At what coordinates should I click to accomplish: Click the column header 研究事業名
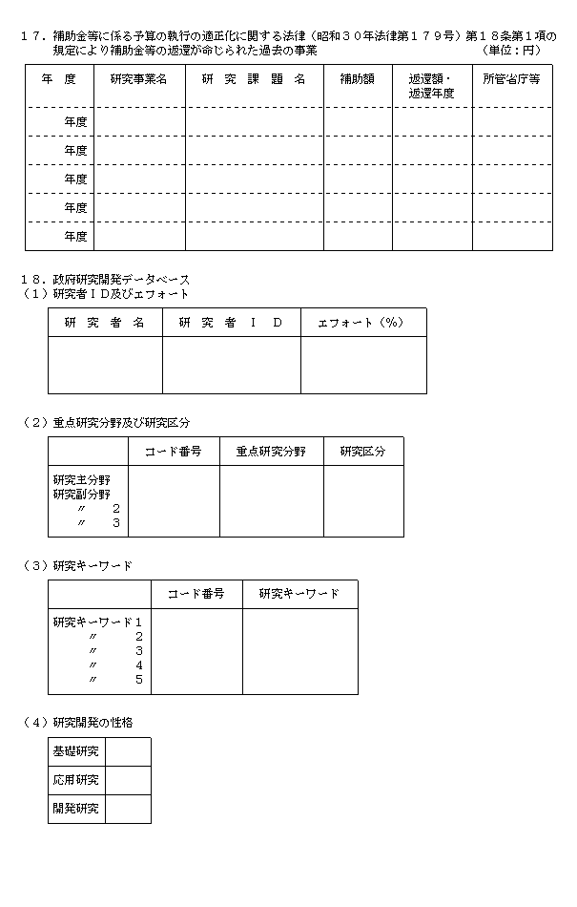tap(138, 80)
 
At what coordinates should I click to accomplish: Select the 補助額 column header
tap(358, 80)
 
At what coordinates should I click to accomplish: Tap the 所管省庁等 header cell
tap(512, 80)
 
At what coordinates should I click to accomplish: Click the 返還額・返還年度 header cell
tap(431, 86)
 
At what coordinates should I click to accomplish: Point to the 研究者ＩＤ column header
tap(231, 323)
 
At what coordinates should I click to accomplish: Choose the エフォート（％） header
tap(362, 323)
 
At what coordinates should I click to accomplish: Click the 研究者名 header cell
tap(105, 323)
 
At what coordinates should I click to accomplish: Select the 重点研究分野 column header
tap(271, 452)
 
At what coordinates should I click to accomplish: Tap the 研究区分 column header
tap(362, 452)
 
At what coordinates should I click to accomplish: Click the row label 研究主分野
tap(82, 480)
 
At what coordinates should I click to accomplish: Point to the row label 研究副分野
tap(82, 495)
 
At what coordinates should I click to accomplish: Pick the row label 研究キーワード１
tap(98, 622)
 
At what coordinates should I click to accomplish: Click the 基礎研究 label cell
tap(77, 752)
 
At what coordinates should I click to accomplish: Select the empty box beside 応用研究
tap(128, 781)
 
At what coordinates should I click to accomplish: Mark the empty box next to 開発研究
tap(128, 810)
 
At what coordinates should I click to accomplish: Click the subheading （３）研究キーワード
tap(77, 566)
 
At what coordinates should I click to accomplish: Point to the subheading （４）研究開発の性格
tap(77, 723)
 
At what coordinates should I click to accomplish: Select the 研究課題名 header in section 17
tap(254, 80)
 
